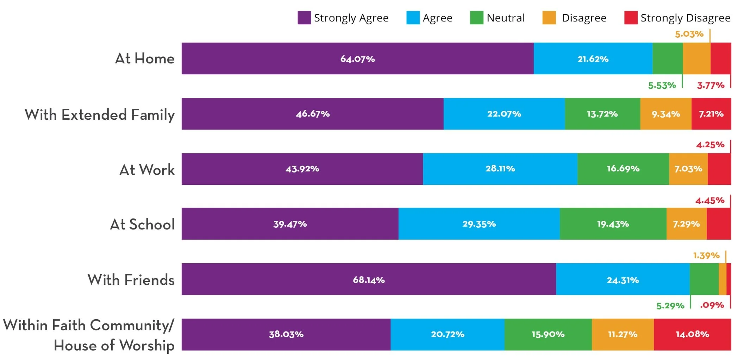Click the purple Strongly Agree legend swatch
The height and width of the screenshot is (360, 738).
coord(304,18)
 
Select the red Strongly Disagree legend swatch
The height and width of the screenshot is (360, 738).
coord(631,18)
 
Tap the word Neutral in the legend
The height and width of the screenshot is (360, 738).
coord(506,18)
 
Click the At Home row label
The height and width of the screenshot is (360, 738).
coord(145,58)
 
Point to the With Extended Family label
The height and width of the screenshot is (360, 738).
coord(100,115)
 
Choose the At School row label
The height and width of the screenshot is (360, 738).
coord(143,224)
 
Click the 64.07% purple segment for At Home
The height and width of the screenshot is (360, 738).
coord(358,58)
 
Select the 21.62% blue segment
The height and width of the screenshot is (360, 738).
coord(593,58)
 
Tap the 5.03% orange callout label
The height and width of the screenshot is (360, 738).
coord(689,34)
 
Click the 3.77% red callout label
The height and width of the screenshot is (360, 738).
coord(711,86)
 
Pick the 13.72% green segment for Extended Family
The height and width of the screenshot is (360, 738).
coord(602,114)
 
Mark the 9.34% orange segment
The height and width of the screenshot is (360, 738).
coord(666,114)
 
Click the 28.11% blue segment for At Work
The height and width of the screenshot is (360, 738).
coord(500,169)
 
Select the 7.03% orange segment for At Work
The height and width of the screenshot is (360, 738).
coord(688,169)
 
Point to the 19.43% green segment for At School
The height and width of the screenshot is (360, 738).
coord(613,224)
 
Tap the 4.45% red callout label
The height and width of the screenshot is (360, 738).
coord(710,201)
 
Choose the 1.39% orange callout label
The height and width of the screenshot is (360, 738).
coord(706,255)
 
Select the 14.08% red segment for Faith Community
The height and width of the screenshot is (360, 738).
coord(693,334)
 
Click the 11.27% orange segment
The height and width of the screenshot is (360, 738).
coord(623,334)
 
